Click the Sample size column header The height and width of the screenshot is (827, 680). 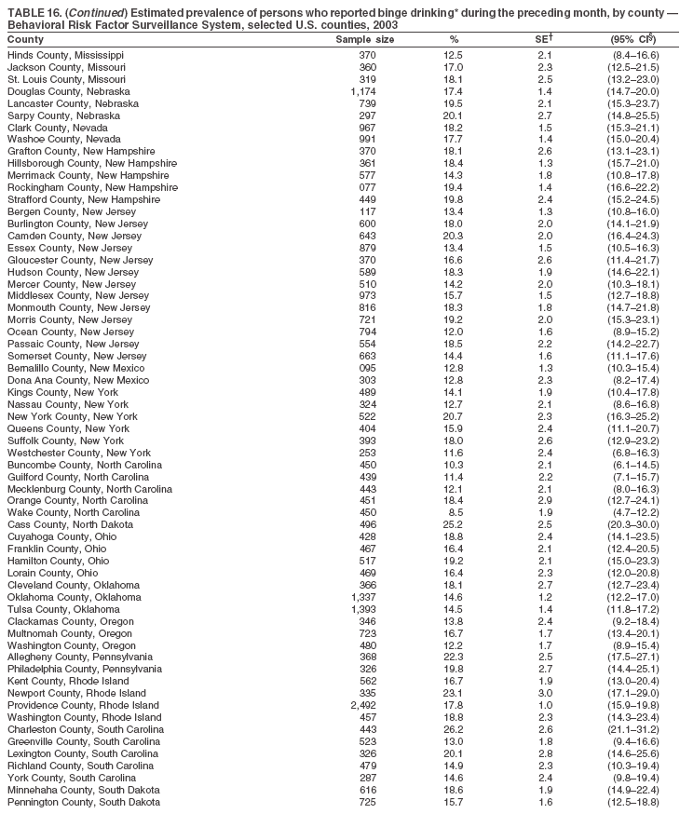tap(364, 40)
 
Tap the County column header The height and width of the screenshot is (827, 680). tap(25, 40)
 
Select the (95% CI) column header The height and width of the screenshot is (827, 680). tap(633, 40)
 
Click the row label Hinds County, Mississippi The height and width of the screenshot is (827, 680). tap(65, 55)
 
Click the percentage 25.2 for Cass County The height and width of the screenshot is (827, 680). tap(454, 524)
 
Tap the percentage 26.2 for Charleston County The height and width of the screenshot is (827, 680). tap(454, 728)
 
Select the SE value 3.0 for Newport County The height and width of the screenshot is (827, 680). tap(545, 693)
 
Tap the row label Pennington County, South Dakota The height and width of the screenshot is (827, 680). tap(84, 801)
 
